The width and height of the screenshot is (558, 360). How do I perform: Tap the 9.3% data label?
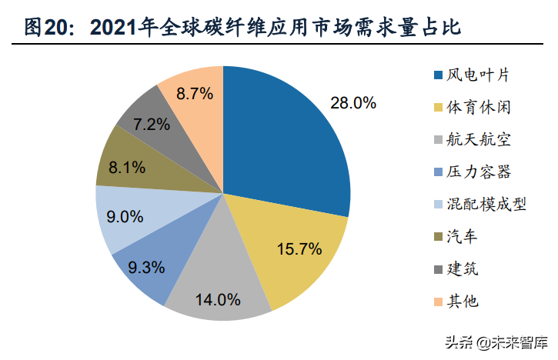[148, 268]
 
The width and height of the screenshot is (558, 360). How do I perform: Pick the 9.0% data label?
[125, 216]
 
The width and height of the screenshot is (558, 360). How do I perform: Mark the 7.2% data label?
[152, 123]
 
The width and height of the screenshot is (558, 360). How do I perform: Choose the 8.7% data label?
[195, 95]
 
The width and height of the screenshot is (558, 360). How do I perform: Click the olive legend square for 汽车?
[438, 237]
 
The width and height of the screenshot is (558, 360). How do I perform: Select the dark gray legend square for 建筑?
[438, 269]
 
